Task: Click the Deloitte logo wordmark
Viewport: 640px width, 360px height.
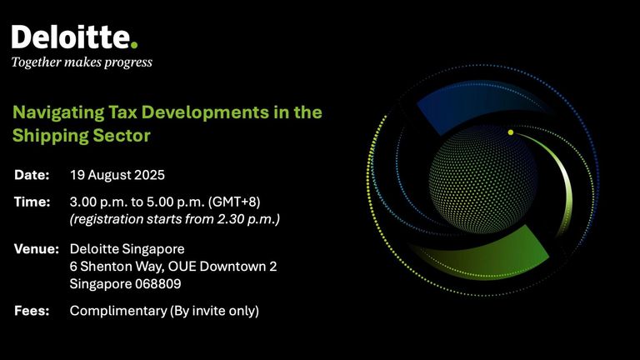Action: pyautogui.click(x=74, y=37)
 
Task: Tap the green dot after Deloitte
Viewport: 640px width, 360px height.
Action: pyautogui.click(x=134, y=44)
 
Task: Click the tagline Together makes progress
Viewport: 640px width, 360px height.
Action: pyautogui.click(x=82, y=62)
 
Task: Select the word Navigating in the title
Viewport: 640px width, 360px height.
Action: pyautogui.click(x=58, y=113)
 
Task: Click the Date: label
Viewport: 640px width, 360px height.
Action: pyautogui.click(x=32, y=175)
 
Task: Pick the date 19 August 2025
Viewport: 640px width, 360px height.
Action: pyautogui.click(x=117, y=175)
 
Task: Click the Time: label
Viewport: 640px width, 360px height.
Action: pyautogui.click(x=32, y=202)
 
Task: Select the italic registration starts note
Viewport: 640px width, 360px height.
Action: pyautogui.click(x=175, y=220)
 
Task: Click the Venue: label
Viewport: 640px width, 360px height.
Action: pyautogui.click(x=37, y=249)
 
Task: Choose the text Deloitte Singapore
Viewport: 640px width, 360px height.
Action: pyautogui.click(x=127, y=249)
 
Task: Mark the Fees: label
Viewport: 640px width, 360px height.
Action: pyautogui.click(x=32, y=311)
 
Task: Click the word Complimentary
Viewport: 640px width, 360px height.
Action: pyautogui.click(x=118, y=312)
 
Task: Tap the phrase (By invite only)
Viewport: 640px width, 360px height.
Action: pyautogui.click(x=214, y=312)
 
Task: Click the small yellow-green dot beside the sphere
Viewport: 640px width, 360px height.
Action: pyautogui.click(x=511, y=132)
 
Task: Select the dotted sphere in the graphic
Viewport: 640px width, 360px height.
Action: pyautogui.click(x=483, y=180)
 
